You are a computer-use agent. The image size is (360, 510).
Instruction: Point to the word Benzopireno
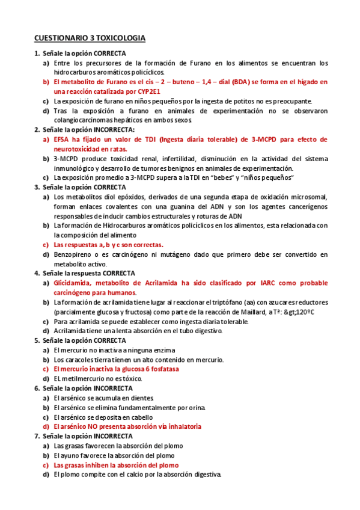(x=74, y=254)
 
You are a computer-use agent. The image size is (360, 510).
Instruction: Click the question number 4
(x=36, y=273)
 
